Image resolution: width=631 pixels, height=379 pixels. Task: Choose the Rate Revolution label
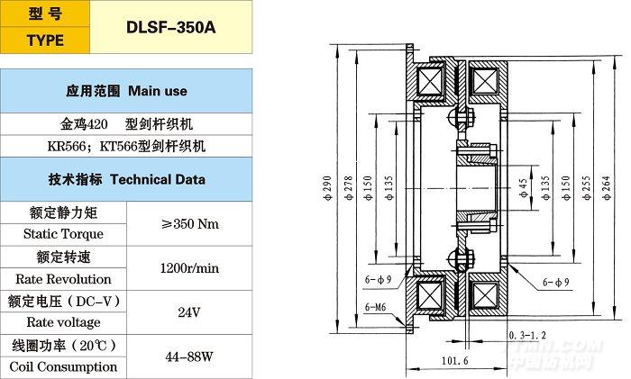click(56, 279)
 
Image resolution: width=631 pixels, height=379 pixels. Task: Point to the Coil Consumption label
click(63, 366)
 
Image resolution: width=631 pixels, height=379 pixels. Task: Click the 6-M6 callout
click(379, 308)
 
